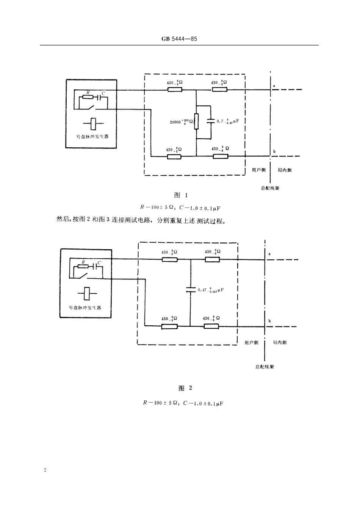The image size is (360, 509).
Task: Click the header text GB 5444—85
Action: click(x=179, y=39)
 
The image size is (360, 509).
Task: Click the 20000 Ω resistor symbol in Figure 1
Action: click(x=196, y=121)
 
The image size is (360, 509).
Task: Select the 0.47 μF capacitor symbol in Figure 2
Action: click(x=191, y=290)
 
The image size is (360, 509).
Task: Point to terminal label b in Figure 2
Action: click(x=269, y=321)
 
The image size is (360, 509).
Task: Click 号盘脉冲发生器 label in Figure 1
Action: click(x=93, y=136)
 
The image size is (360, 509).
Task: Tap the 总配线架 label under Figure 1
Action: click(x=270, y=188)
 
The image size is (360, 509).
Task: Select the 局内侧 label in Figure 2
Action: click(x=280, y=342)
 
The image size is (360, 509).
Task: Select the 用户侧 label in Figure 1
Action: click(x=259, y=170)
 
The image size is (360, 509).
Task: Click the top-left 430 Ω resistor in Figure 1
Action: click(x=175, y=90)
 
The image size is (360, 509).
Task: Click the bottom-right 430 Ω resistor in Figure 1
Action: click(x=220, y=156)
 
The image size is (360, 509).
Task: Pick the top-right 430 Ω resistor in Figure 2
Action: click(x=212, y=259)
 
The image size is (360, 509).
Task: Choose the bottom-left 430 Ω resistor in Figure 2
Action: click(x=169, y=326)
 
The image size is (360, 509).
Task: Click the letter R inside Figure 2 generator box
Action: click(x=83, y=262)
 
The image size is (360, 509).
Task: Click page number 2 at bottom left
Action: click(x=45, y=470)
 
